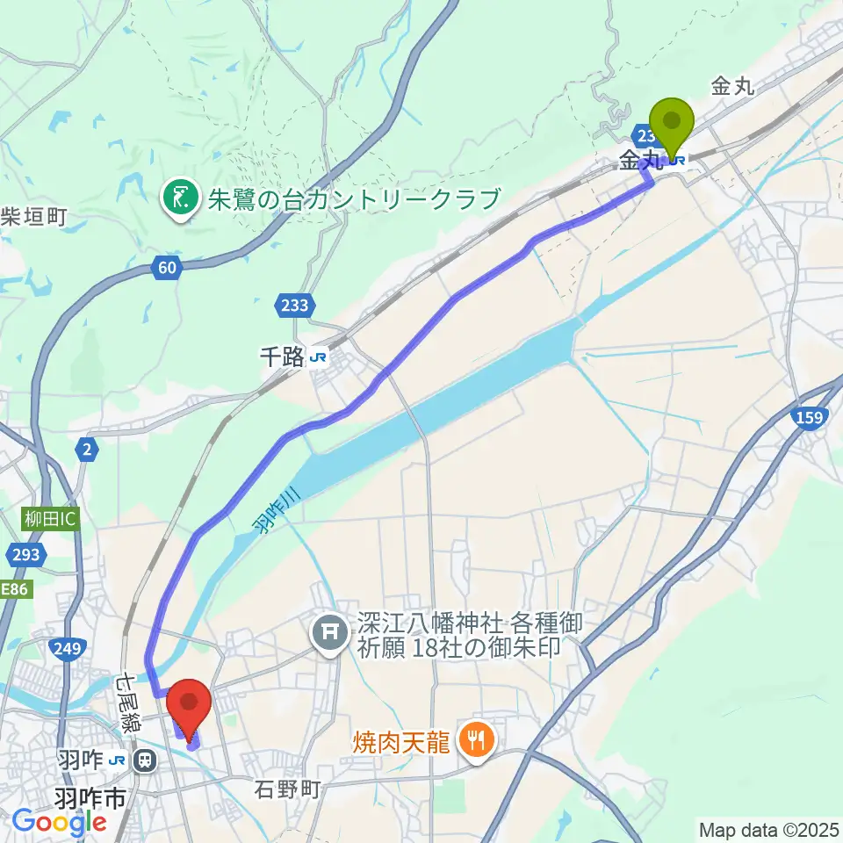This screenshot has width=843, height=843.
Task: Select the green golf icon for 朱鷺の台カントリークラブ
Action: [181, 199]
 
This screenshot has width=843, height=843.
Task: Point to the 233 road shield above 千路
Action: [295, 305]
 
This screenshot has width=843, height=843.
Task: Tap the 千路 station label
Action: [293, 357]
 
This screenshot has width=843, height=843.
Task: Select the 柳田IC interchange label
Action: [51, 519]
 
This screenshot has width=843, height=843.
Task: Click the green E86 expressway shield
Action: [14, 590]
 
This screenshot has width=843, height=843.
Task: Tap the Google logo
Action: [60, 823]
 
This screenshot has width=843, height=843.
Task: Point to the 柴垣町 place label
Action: [33, 215]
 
